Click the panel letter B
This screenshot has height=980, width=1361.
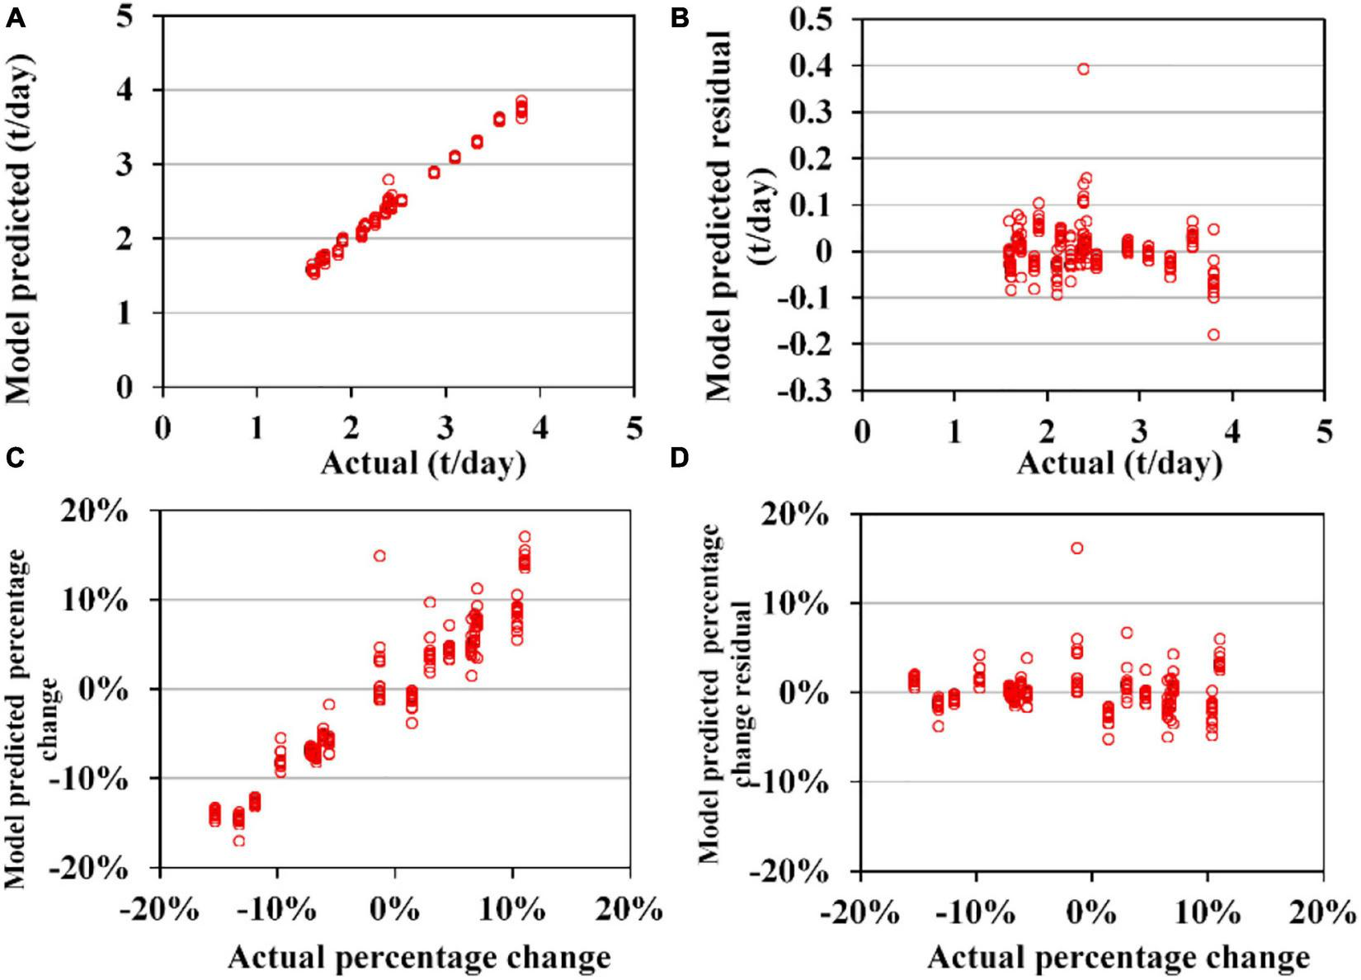pyautogui.click(x=680, y=18)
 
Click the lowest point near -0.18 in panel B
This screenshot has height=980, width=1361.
pyautogui.click(x=1213, y=335)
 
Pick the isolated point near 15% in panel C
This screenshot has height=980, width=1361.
pyautogui.click(x=379, y=556)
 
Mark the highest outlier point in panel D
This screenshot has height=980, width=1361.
pyautogui.click(x=1076, y=548)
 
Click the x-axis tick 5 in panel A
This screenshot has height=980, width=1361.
pyautogui.click(x=633, y=429)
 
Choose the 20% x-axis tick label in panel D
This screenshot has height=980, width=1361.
pyautogui.click(x=1322, y=913)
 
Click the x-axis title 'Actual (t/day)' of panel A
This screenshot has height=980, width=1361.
pyautogui.click(x=422, y=463)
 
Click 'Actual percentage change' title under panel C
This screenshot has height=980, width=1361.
pyautogui.click(x=419, y=958)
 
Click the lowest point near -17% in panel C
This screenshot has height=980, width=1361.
pyautogui.click(x=238, y=841)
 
